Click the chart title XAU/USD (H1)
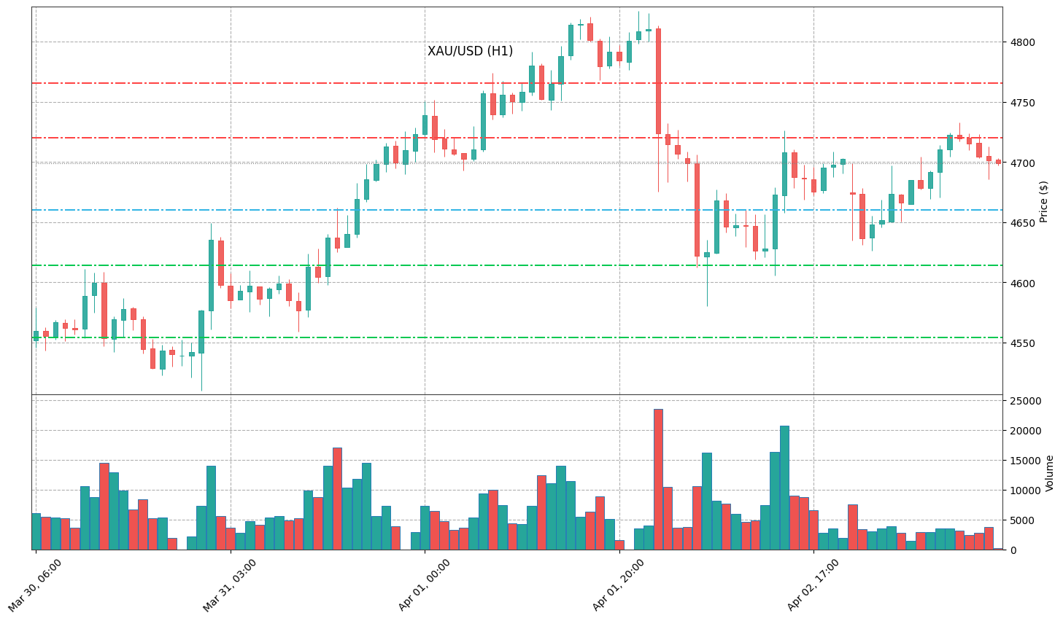tap(470, 51)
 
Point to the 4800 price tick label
tap(1021, 42)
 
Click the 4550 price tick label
tap(1021, 343)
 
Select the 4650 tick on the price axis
tap(1021, 223)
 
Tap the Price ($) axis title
tap(1044, 201)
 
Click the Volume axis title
tap(1050, 473)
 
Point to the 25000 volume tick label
tap(1025, 401)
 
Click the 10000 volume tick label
tap(1025, 491)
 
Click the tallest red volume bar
tap(658, 479)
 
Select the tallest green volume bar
tap(784, 487)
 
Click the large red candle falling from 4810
tap(658, 81)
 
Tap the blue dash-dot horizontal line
tap(511, 210)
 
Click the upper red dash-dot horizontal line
tap(511, 83)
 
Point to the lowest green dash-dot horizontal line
tap(511, 337)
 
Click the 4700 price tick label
tap(1021, 163)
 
